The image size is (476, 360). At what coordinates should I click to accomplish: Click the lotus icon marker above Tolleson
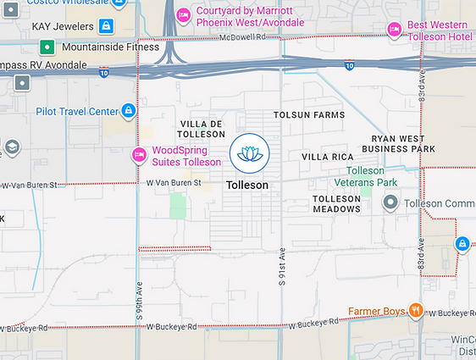(x=249, y=153)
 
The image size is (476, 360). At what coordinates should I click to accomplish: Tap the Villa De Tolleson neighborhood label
(x=201, y=129)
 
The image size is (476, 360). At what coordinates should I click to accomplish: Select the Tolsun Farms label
(x=309, y=114)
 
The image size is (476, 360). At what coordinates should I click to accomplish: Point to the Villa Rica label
(x=327, y=157)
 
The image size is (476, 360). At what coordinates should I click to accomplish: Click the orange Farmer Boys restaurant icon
(x=415, y=310)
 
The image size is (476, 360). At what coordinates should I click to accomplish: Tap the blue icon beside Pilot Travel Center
(x=128, y=110)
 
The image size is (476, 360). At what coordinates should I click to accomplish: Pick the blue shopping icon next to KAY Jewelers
(x=105, y=26)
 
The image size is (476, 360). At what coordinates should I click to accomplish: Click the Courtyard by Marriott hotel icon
(x=183, y=16)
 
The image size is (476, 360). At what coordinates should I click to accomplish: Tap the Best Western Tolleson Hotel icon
(x=394, y=30)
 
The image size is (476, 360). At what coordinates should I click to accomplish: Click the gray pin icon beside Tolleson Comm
(x=390, y=202)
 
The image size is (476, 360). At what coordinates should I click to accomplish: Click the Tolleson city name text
(x=247, y=185)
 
